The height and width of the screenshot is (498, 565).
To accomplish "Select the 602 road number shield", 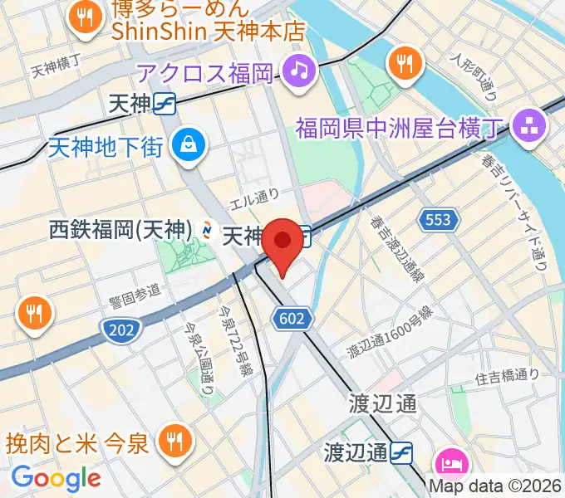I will (298, 318).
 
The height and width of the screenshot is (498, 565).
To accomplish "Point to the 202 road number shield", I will (121, 330).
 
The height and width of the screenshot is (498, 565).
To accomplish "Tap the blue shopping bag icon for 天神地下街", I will (185, 146).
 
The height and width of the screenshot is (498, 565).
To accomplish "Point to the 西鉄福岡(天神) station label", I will (121, 230).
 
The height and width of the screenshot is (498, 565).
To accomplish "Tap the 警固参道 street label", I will (134, 294).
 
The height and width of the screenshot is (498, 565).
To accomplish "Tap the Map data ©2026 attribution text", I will (496, 487).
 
